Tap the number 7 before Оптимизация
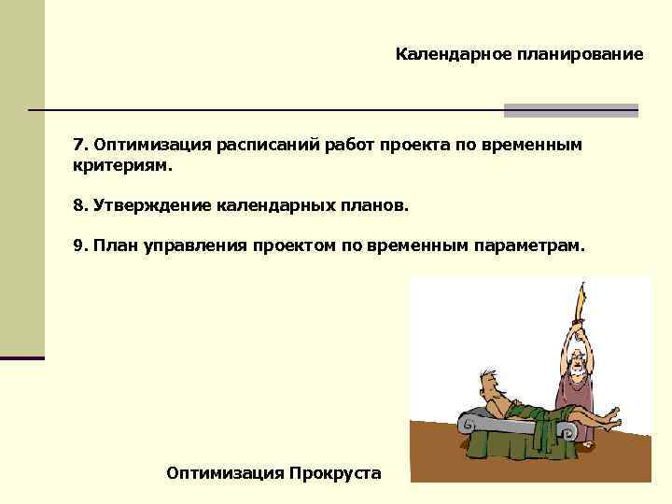point(78,146)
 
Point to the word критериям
point(123,164)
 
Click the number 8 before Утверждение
point(78,204)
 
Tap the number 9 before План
point(78,245)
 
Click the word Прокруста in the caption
point(335,473)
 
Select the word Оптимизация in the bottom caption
point(224,473)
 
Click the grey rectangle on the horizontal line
point(570,110)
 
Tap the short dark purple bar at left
point(22,357)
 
